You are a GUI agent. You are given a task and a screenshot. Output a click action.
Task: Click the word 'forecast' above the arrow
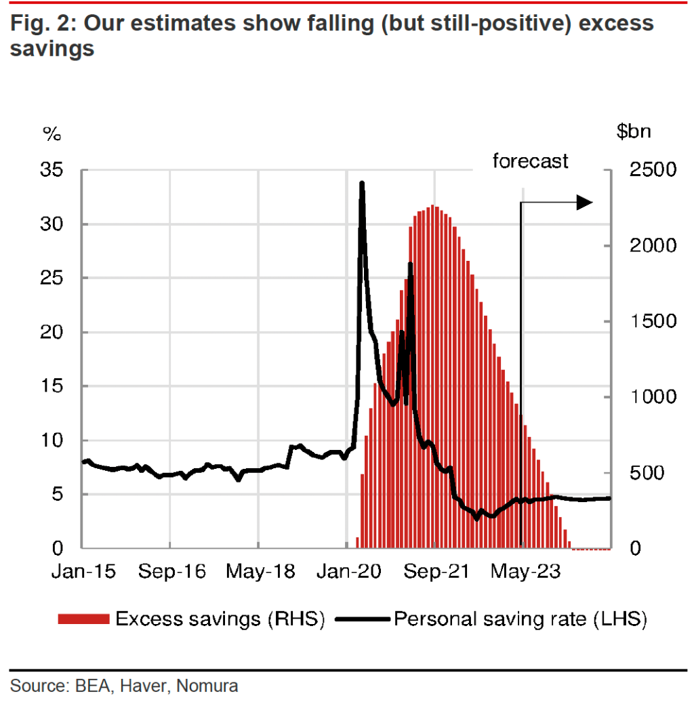tap(530, 161)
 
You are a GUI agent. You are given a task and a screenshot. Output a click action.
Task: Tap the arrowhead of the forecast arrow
tap(584, 202)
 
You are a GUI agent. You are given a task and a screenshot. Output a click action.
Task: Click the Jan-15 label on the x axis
tap(83, 572)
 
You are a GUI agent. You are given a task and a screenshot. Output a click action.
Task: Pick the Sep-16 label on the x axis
tap(171, 572)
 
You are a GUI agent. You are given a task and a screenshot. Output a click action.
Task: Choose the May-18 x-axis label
tap(261, 572)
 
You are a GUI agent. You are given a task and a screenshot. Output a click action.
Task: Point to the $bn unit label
tap(633, 131)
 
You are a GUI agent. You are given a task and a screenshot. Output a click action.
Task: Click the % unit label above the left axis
tap(52, 133)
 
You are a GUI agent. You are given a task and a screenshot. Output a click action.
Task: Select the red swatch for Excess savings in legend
tap(83, 619)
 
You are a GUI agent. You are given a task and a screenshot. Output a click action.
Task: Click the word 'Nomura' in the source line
tap(207, 686)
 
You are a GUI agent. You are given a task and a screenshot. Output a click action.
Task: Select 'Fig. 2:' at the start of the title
tap(42, 24)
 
